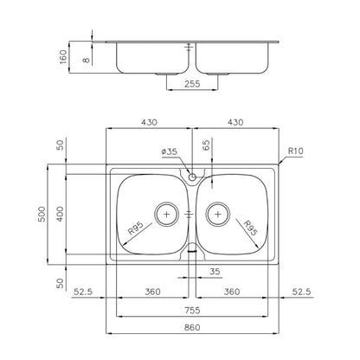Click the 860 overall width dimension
(x=192, y=327)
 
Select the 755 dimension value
(x=192, y=311)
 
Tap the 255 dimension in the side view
(x=192, y=84)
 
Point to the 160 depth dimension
(x=63, y=57)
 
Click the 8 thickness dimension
(x=87, y=60)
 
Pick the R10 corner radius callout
(x=296, y=151)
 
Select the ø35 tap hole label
(x=170, y=151)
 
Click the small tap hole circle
(x=192, y=177)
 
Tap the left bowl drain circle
(x=167, y=214)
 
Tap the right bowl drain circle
(x=218, y=214)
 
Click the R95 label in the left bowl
(x=136, y=228)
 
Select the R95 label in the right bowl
(x=250, y=228)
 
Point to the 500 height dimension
(x=42, y=214)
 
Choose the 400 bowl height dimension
(x=60, y=214)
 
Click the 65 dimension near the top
(x=206, y=145)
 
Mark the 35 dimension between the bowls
(x=215, y=272)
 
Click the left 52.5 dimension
(x=83, y=292)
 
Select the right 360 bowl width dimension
(x=232, y=292)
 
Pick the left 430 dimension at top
(x=149, y=122)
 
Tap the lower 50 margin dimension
(x=60, y=283)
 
